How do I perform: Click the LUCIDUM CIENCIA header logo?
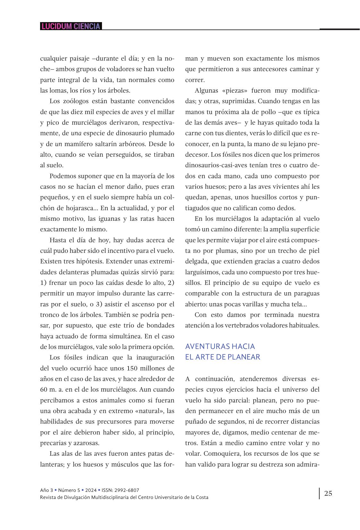pos(71,26)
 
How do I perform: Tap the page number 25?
pos(328,493)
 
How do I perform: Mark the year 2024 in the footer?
pos(91,490)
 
